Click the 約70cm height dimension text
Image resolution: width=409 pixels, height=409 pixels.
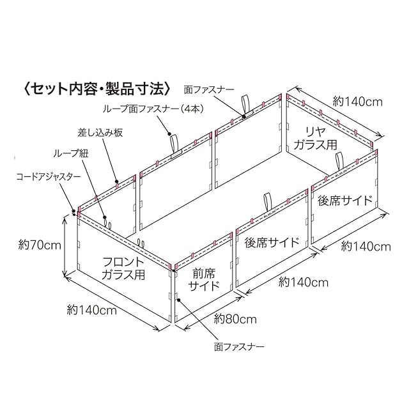pos(39,244)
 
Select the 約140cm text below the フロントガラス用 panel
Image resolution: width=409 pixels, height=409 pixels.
pos(91,311)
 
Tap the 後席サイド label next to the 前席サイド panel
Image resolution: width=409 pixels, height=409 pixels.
pos(272,243)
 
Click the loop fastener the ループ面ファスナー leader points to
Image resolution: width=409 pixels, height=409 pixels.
pos(174,142)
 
